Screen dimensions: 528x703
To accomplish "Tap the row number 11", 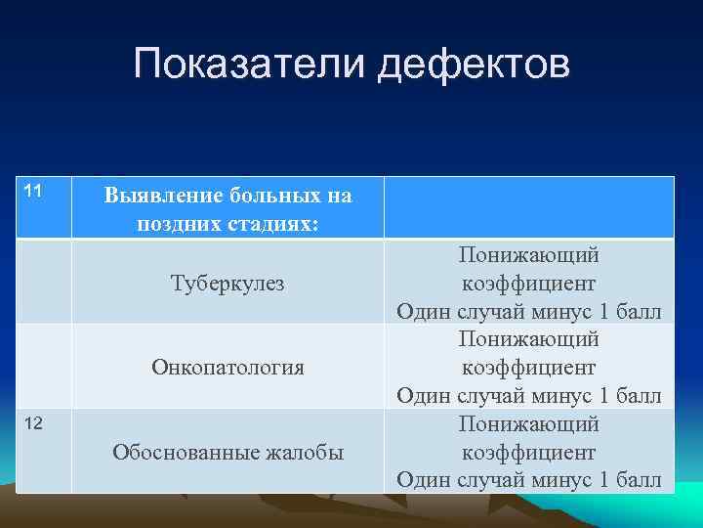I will (x=31, y=190).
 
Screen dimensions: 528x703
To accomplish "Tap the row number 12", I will (x=31, y=423).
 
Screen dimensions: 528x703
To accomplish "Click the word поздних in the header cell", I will (x=176, y=222).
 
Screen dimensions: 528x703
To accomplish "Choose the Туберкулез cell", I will (x=227, y=283).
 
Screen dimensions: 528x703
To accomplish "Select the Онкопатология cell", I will (x=227, y=368).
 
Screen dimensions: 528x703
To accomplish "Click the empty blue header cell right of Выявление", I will (x=528, y=207).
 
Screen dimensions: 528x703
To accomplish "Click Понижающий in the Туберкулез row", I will (x=528, y=254).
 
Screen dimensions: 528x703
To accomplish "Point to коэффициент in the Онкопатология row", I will (x=528, y=368).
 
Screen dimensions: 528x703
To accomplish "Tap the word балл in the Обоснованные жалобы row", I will (x=639, y=480).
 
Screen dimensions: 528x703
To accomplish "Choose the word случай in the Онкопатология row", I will (x=494, y=396).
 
